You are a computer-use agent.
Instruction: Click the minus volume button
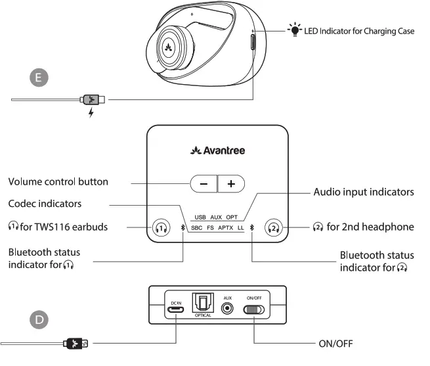[204, 184]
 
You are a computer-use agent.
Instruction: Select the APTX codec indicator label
[226, 229]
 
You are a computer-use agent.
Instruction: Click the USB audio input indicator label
[201, 217]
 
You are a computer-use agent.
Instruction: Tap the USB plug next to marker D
[76, 342]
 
